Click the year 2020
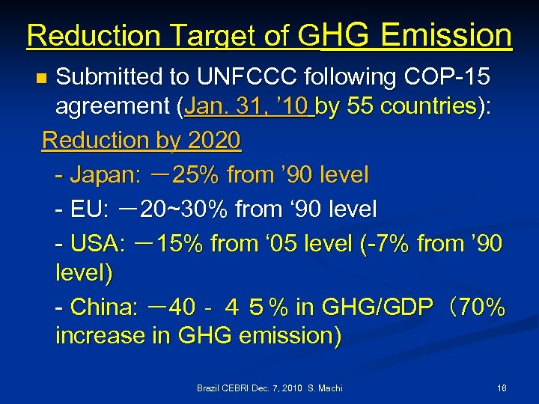(x=214, y=140)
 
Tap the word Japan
(x=100, y=175)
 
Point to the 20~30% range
(x=184, y=209)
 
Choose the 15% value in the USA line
(x=183, y=243)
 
